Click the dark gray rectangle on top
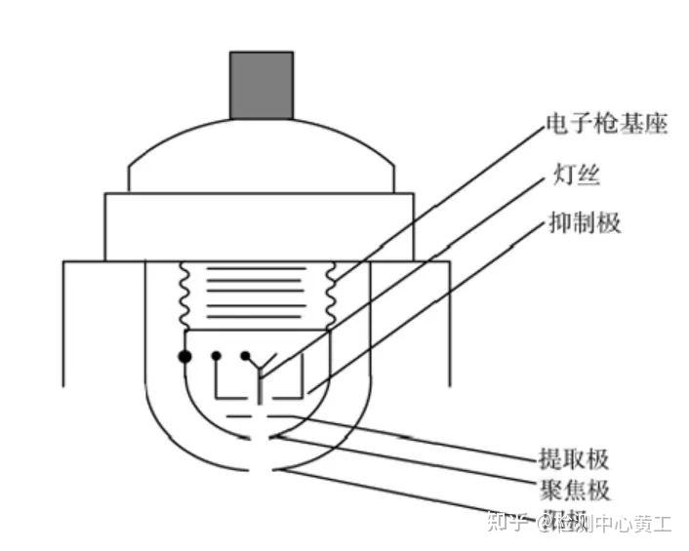click(x=261, y=86)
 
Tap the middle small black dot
click(x=216, y=356)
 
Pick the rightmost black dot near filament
click(x=245, y=356)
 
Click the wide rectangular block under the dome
click(x=261, y=225)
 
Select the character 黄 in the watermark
click(x=638, y=524)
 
